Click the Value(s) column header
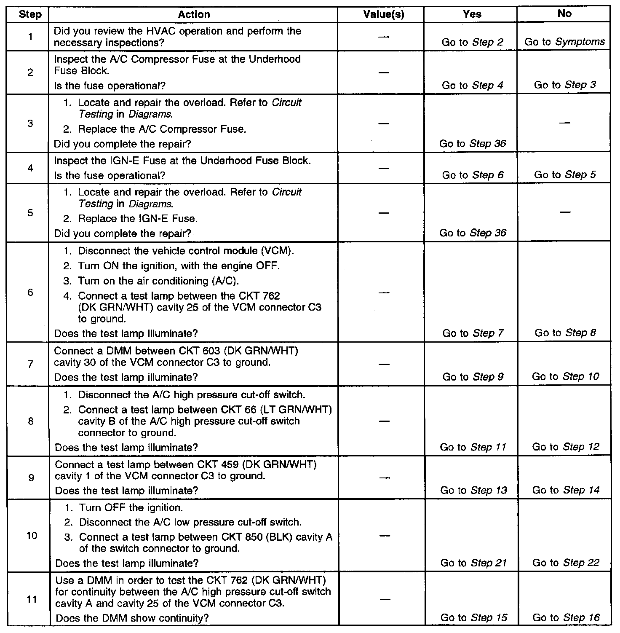383,14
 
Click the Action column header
194,14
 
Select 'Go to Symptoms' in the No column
564,42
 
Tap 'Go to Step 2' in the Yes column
473,42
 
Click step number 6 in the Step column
30,292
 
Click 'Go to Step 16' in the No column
566,618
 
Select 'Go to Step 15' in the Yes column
474,618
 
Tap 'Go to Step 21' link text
473,563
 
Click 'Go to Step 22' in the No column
566,563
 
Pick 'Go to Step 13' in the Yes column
473,490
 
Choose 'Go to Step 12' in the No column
566,447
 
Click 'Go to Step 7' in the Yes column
473,333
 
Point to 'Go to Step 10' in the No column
565,376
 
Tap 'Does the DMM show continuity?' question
132,618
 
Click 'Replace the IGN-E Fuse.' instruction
138,219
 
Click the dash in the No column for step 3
564,123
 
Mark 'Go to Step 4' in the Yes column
473,85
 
